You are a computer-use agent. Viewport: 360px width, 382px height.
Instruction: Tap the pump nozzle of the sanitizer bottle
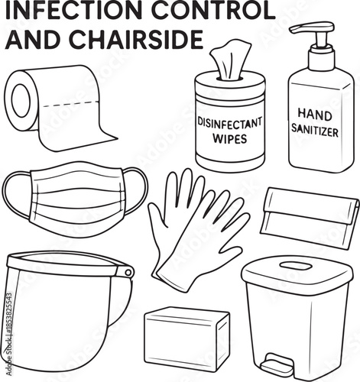(303, 31)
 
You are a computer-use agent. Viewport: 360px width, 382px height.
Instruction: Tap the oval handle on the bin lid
(295, 266)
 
